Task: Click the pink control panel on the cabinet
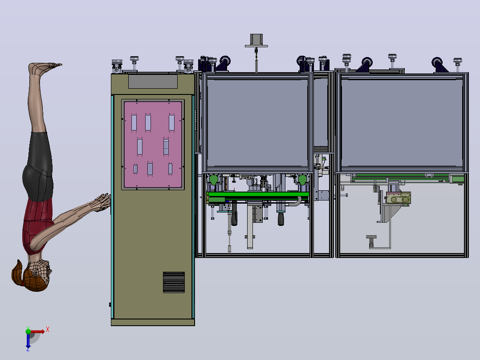point(153,144)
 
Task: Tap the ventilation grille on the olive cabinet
point(174,282)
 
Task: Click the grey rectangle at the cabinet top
point(153,82)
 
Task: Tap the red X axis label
point(48,330)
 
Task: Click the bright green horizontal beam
point(258,195)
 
